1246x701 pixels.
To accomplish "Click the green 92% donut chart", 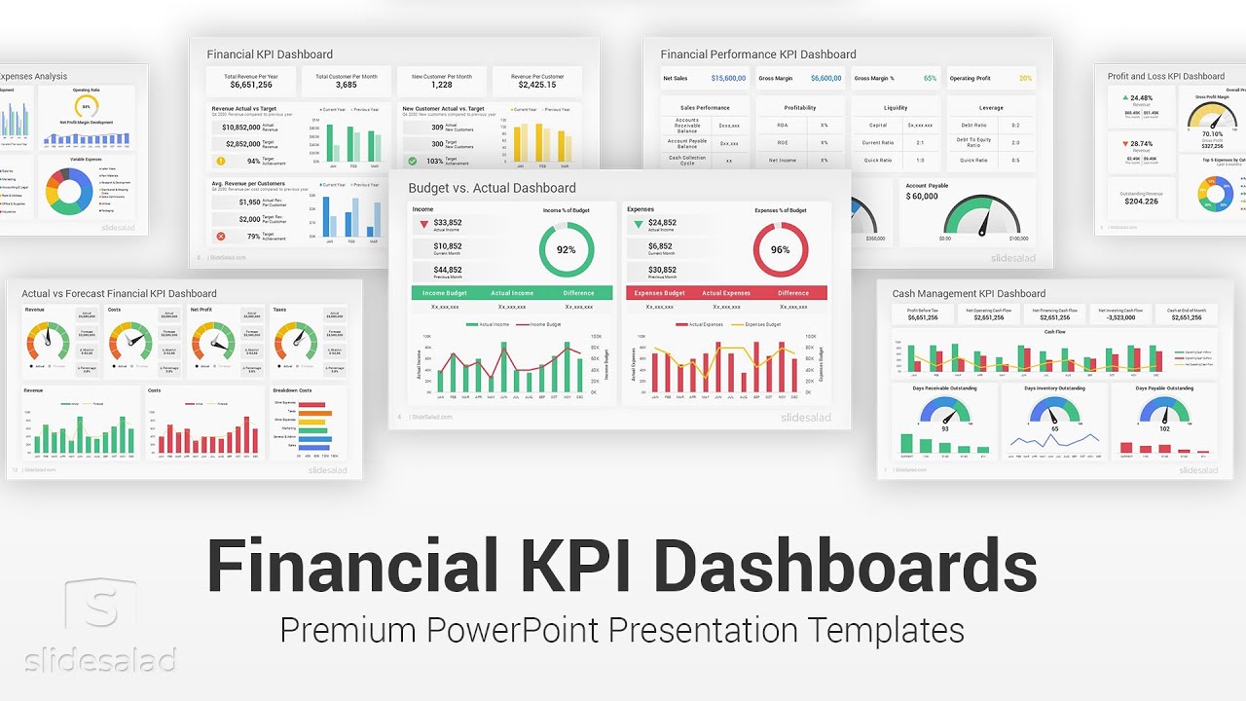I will tap(567, 249).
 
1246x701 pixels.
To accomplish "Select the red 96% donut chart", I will tap(781, 249).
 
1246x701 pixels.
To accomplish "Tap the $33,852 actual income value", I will tap(448, 223).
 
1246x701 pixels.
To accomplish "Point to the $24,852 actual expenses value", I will tap(662, 223).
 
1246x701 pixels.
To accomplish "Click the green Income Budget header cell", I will tap(446, 293).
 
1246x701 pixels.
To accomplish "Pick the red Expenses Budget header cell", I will tap(659, 293).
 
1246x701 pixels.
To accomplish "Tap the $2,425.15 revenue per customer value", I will tap(537, 85).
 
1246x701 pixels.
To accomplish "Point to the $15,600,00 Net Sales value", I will tap(728, 78).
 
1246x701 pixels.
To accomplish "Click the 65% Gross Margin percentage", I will tap(931, 78).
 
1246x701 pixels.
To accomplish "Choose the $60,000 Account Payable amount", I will tap(922, 197).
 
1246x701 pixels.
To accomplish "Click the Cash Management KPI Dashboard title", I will tap(969, 293).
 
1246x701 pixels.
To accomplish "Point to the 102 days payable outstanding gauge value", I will tap(1164, 428).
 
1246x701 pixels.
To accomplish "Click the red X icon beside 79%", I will tap(221, 236).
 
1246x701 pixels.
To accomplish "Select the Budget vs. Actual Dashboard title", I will tap(492, 188).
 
